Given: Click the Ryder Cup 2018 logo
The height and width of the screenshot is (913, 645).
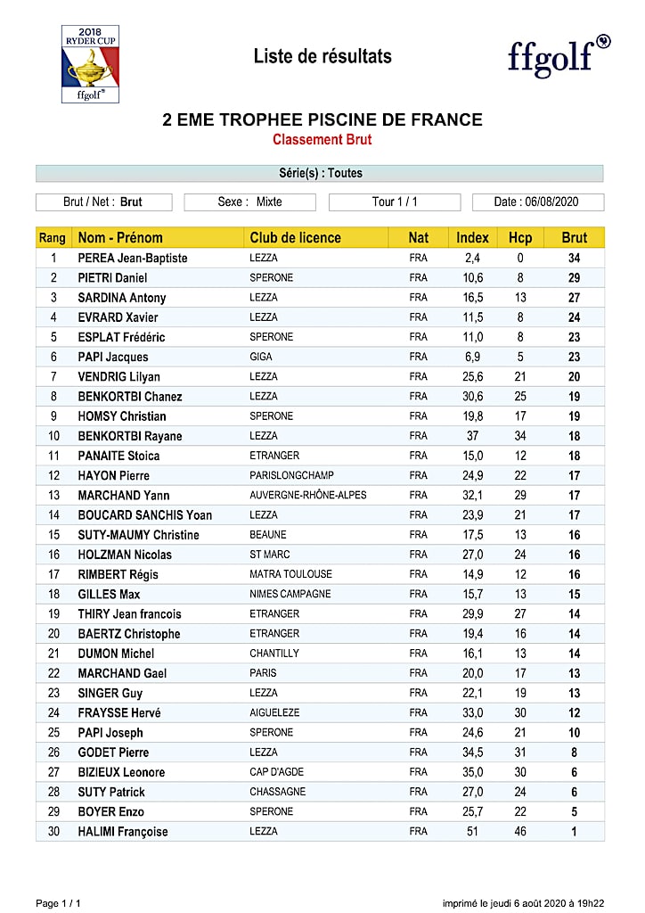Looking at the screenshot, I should coord(90,63).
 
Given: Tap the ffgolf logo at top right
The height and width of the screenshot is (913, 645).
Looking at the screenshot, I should coord(559,55).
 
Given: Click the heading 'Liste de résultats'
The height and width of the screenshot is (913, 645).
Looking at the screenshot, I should coord(322,56).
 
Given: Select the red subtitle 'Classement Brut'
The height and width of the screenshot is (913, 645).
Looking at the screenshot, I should coord(322,140).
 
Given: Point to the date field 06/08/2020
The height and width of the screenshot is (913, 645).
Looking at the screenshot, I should coord(537,202).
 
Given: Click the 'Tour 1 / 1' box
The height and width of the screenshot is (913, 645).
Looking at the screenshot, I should coord(395,202).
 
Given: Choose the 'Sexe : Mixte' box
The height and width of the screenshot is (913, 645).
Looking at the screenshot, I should coord(250,202).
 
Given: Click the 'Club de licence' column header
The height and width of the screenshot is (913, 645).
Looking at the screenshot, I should coord(295,238).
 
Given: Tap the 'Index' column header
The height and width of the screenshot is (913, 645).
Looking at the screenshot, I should coord(472,238).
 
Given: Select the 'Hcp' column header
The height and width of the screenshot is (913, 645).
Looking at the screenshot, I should coord(520,238).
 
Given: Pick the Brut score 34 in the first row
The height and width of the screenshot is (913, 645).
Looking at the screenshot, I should coord(575,259).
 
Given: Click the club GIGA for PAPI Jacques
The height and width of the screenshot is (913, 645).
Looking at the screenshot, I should coord(261,357).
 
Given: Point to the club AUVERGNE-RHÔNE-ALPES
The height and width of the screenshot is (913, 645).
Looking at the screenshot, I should coord(307,495).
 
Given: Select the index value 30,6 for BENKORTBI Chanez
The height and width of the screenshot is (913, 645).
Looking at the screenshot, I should coord(473,397).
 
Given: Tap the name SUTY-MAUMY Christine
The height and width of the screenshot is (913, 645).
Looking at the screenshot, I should coord(138,535).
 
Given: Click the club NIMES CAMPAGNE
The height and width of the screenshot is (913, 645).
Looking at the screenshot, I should coord(290,594).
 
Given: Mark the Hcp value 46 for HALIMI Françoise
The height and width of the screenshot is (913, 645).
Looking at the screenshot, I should coord(520,832).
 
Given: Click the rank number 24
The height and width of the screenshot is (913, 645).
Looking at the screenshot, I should coord(53,713).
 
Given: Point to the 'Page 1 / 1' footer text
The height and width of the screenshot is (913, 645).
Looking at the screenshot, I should coord(58,903).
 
